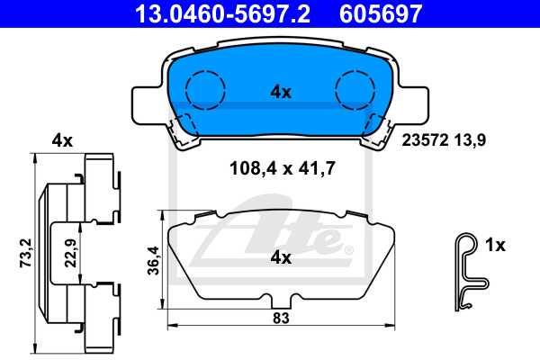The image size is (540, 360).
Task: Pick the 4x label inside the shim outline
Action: (280, 257)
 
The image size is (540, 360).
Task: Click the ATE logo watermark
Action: (270, 238)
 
